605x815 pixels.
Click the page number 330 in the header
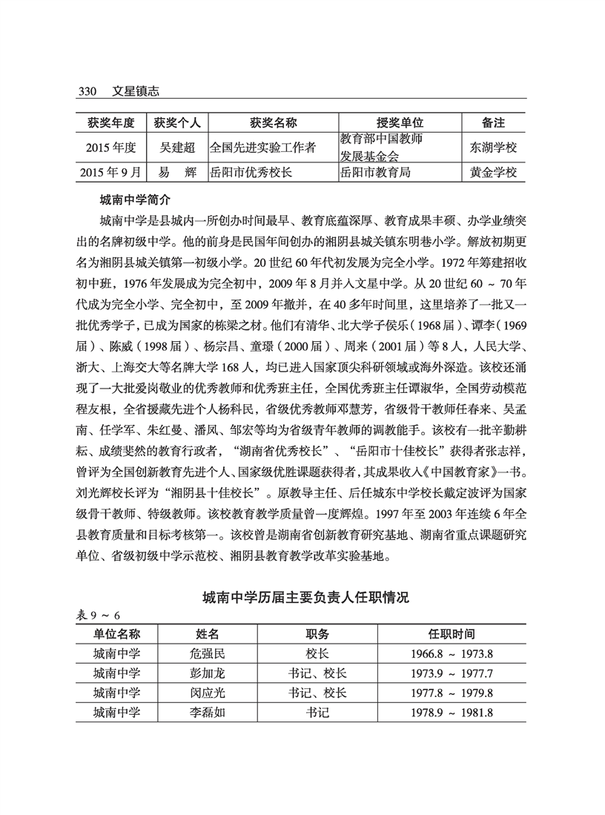(x=88, y=91)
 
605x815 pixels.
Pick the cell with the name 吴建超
(x=180, y=148)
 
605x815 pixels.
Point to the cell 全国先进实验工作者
(x=263, y=148)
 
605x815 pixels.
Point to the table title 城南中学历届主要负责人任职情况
(x=305, y=597)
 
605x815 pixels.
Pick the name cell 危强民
(x=207, y=654)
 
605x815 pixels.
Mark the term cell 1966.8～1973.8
(x=452, y=654)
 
